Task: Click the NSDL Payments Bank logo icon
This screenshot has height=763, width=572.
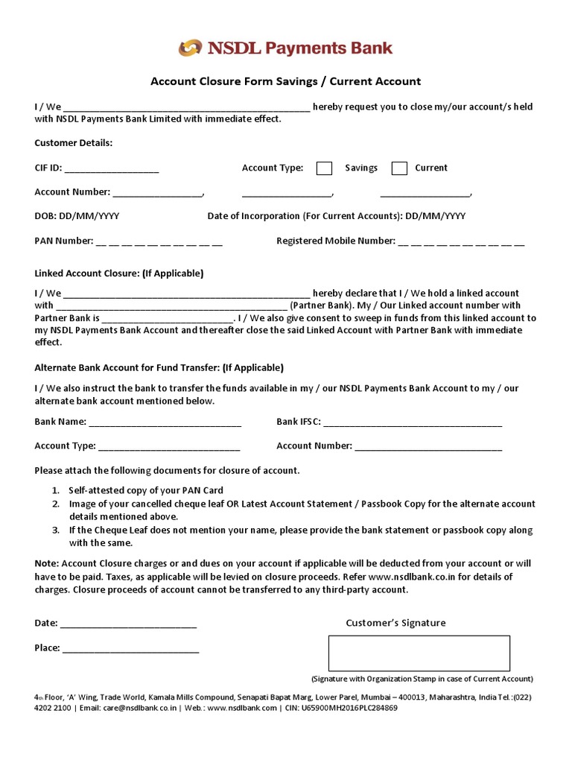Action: (191, 48)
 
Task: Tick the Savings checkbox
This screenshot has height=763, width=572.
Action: (324, 168)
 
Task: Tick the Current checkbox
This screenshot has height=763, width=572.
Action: (399, 168)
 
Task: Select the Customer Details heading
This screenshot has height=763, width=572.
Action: (74, 143)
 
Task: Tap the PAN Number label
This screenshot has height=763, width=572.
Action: (64, 241)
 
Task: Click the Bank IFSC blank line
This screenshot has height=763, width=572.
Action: (413, 422)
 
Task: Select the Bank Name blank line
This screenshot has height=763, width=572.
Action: (165, 422)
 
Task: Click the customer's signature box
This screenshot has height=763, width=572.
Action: (419, 653)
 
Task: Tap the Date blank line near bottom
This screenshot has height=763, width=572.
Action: (128, 624)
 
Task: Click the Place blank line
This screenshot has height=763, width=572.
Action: (130, 648)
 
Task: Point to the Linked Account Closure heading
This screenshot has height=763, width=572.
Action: (119, 273)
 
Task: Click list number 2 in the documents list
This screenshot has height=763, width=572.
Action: (55, 504)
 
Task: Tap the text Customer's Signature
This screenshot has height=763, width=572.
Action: (395, 623)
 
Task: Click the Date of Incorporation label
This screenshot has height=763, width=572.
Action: (305, 216)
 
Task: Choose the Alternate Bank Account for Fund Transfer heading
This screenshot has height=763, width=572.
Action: (159, 367)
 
